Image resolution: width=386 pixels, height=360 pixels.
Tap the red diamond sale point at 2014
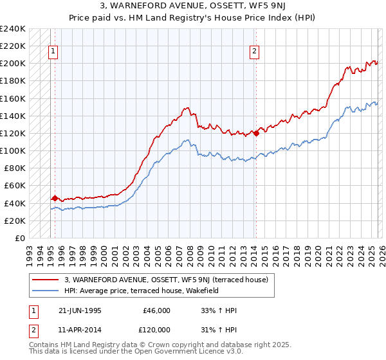coord(256,134)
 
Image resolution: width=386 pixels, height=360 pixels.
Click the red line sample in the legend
coord(46,280)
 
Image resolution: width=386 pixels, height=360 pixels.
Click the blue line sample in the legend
coord(46,291)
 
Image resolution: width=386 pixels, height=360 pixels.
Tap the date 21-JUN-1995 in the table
coord(81,310)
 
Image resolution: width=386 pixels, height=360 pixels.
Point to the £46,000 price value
coord(157,310)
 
